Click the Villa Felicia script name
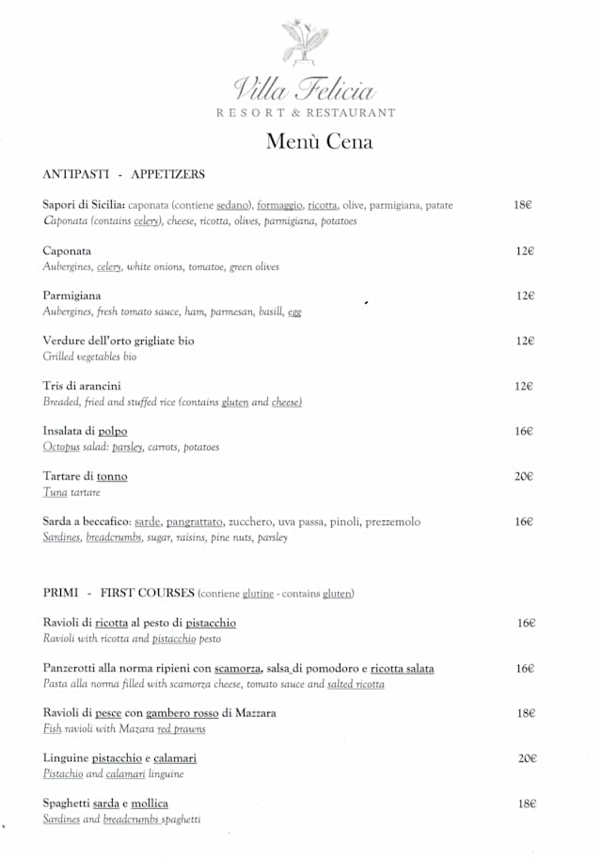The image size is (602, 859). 304,89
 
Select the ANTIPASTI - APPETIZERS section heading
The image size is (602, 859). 123,174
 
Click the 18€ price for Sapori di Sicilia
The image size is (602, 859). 524,205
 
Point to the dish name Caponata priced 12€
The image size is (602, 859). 67,251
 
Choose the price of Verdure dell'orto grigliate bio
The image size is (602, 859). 525,341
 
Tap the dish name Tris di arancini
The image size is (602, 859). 82,386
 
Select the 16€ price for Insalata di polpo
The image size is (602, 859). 524,431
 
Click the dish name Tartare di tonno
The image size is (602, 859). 85,476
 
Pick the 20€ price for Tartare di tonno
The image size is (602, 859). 524,476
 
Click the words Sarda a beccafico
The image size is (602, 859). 86,521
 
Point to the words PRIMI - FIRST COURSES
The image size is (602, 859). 119,593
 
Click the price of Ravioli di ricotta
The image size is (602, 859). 525,623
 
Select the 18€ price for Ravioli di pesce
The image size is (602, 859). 525,713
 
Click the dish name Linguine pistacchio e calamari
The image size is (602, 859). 119,758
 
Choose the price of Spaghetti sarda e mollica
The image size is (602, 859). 525,803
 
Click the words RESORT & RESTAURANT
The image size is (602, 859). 306,113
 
